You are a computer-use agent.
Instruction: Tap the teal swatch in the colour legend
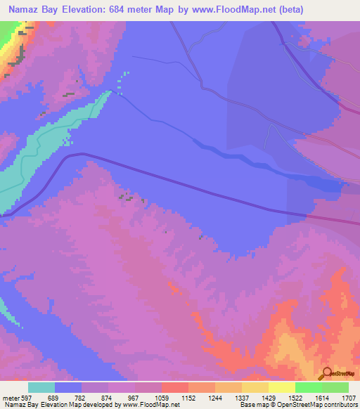[x=41, y=387]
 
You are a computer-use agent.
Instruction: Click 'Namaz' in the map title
[x=24, y=11]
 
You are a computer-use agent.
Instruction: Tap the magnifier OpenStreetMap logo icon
[x=327, y=373]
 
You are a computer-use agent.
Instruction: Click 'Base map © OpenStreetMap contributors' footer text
[x=297, y=405]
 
